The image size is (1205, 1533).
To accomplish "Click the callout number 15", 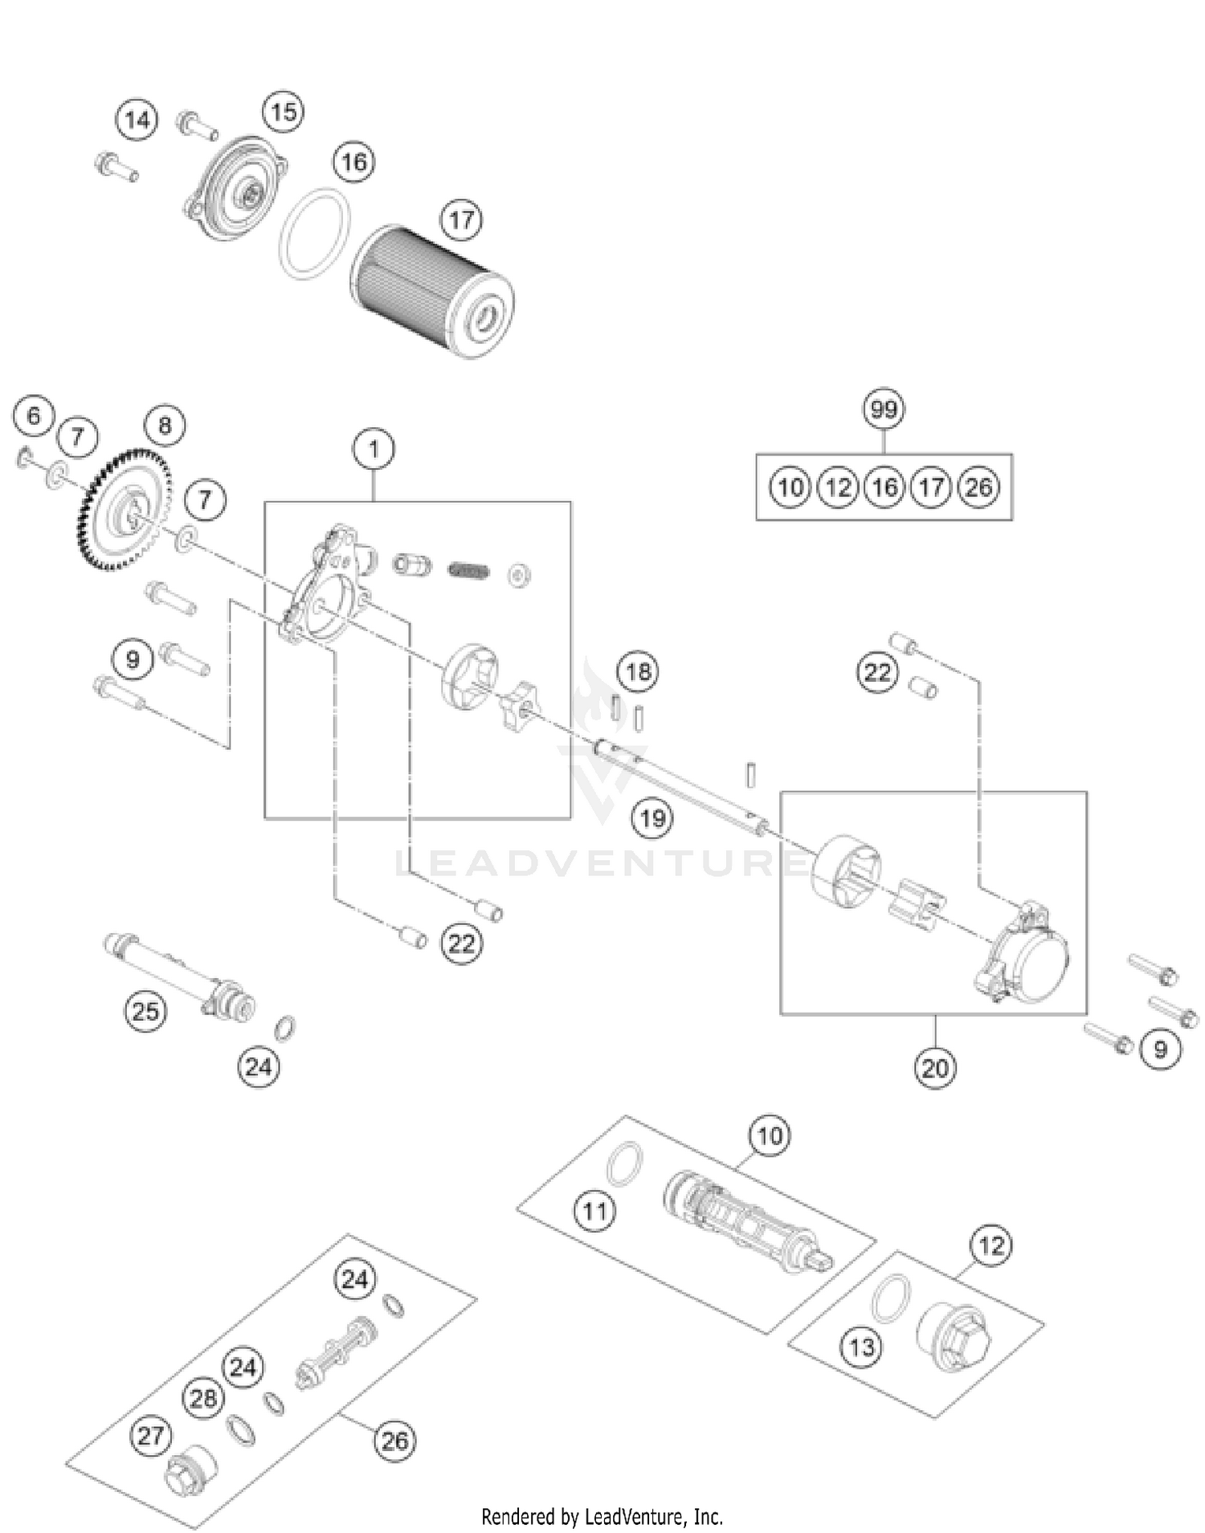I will click(x=283, y=112).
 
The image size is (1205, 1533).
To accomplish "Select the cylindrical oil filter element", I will click(x=433, y=291).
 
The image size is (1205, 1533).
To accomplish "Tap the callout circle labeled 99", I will click(x=883, y=410).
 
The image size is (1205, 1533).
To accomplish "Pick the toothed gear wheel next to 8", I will click(x=125, y=510).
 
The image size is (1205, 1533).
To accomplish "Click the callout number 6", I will click(x=33, y=415).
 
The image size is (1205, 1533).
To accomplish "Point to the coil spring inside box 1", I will click(x=468, y=570).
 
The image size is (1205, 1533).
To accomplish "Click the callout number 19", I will click(x=652, y=818).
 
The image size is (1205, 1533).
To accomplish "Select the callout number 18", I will click(x=638, y=671).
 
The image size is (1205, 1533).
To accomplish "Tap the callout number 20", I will click(x=934, y=1068).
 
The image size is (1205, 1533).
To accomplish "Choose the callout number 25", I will click(x=145, y=1011).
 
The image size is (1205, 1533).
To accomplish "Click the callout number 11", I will click(x=594, y=1210).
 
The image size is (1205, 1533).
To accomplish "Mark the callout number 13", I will click(x=861, y=1347).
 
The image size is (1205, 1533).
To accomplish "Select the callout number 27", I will click(x=150, y=1435).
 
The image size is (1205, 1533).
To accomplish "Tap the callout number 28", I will click(x=202, y=1398).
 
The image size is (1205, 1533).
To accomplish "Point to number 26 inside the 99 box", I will click(x=978, y=487).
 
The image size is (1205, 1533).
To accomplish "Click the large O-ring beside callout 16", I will click(x=315, y=234).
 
